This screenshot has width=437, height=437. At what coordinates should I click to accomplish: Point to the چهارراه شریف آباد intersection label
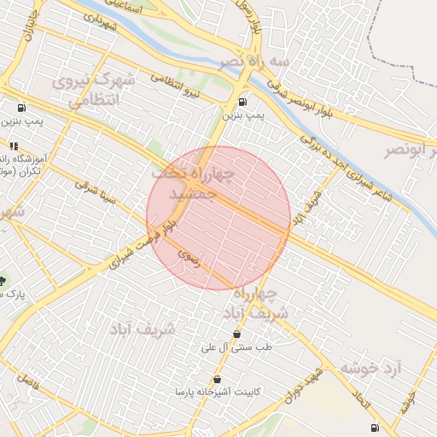(x=272, y=304)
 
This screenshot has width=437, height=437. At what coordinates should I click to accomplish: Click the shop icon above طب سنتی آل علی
(x=236, y=335)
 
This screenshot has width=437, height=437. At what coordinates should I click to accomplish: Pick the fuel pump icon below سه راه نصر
(x=242, y=102)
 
